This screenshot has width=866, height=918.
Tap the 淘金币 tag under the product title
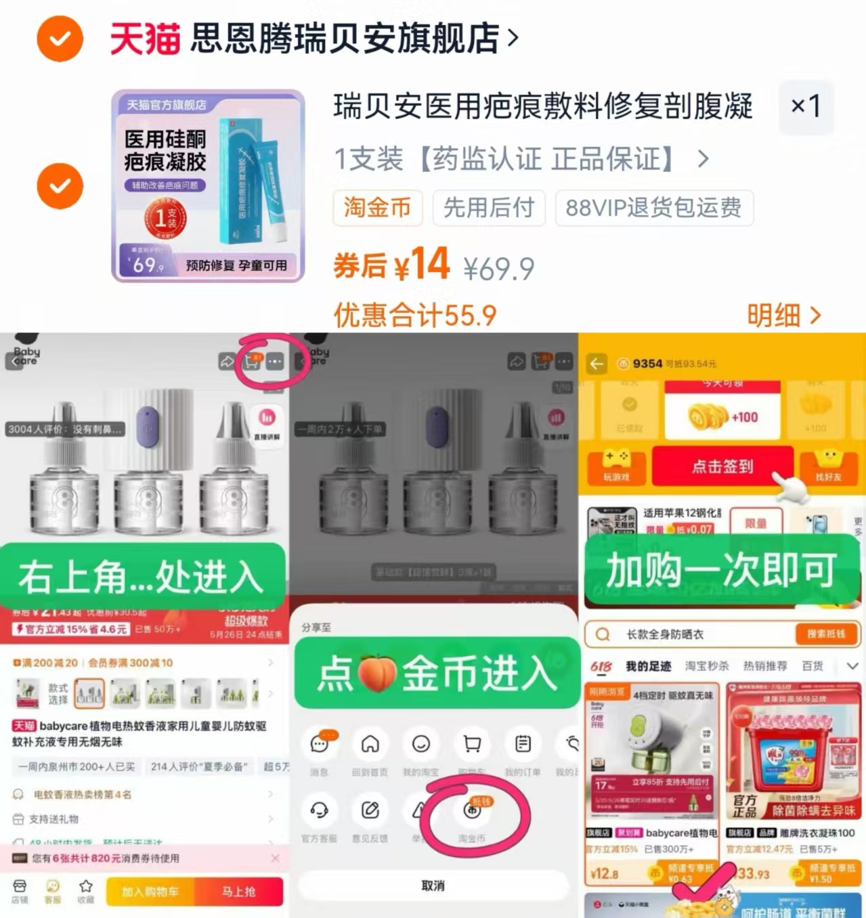377,208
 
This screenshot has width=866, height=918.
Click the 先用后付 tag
489,208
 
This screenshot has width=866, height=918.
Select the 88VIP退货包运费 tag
653,208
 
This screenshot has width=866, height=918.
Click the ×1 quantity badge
806,106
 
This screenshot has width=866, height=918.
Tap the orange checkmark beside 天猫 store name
60,39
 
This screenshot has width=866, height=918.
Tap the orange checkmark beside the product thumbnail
60,186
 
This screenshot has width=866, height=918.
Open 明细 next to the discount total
783,315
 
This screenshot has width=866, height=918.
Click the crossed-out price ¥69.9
499,269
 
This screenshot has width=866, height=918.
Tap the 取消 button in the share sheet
433,886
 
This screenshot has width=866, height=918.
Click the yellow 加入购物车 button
150,892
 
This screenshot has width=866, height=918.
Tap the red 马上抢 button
238,892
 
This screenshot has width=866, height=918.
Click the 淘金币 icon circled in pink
473,811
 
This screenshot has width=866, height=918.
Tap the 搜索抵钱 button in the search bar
825,634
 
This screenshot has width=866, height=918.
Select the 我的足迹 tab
648,666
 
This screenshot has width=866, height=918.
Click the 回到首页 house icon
370,745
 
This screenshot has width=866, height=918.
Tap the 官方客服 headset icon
319,810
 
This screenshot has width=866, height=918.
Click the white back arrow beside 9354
597,364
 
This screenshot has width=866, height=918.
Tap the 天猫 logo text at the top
145,39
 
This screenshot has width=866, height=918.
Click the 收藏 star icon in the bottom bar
86,887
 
